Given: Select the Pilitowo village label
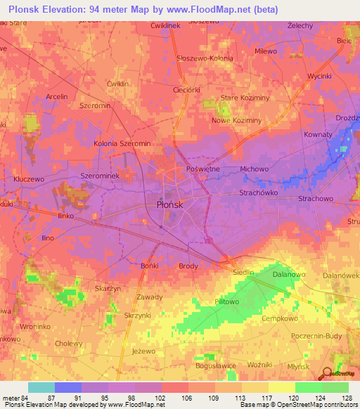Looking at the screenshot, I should click(x=210, y=300).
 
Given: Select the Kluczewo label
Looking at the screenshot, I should click(x=28, y=179).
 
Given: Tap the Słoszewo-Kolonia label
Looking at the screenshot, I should click(x=205, y=58).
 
